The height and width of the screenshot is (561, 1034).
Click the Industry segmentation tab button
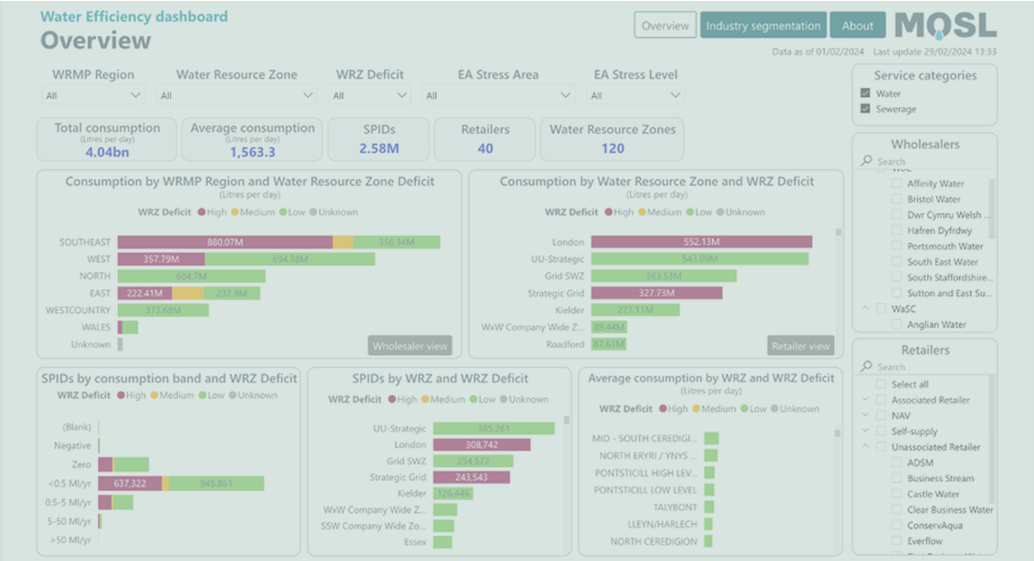pos(762,25)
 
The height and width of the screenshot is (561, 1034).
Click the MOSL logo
pos(945,26)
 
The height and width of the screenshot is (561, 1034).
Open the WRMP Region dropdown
pos(94,94)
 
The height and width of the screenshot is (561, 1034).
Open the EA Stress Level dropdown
pos(635,94)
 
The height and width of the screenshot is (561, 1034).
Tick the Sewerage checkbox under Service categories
pos(865,109)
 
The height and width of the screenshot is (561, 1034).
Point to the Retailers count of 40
pos(485,149)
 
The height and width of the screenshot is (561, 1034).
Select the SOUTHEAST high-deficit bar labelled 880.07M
pos(225,242)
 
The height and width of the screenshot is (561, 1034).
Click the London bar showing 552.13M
pos(702,242)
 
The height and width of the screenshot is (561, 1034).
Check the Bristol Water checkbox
pos(897,200)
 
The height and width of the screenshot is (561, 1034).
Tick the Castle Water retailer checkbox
pos(897,494)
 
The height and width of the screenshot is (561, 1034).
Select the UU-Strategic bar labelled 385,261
pos(493,428)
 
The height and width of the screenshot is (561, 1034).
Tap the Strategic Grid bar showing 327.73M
pos(656,293)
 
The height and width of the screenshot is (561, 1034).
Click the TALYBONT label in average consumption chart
pos(674,507)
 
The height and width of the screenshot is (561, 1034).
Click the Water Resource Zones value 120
pos(612,149)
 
